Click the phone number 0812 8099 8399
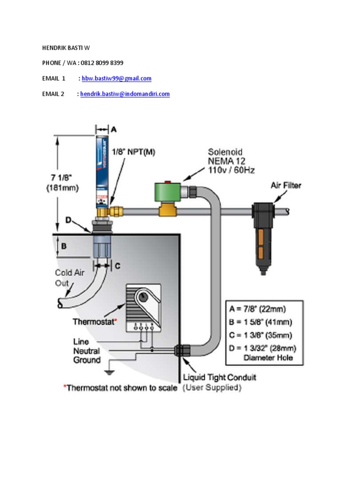tap(102, 63)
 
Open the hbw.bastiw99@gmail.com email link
tap(116, 78)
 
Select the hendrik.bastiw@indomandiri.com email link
tap(125, 94)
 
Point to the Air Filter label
tap(285, 185)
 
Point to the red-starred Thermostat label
tap(95, 322)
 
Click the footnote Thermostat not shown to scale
tap(120, 388)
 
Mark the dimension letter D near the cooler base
tap(68, 219)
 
